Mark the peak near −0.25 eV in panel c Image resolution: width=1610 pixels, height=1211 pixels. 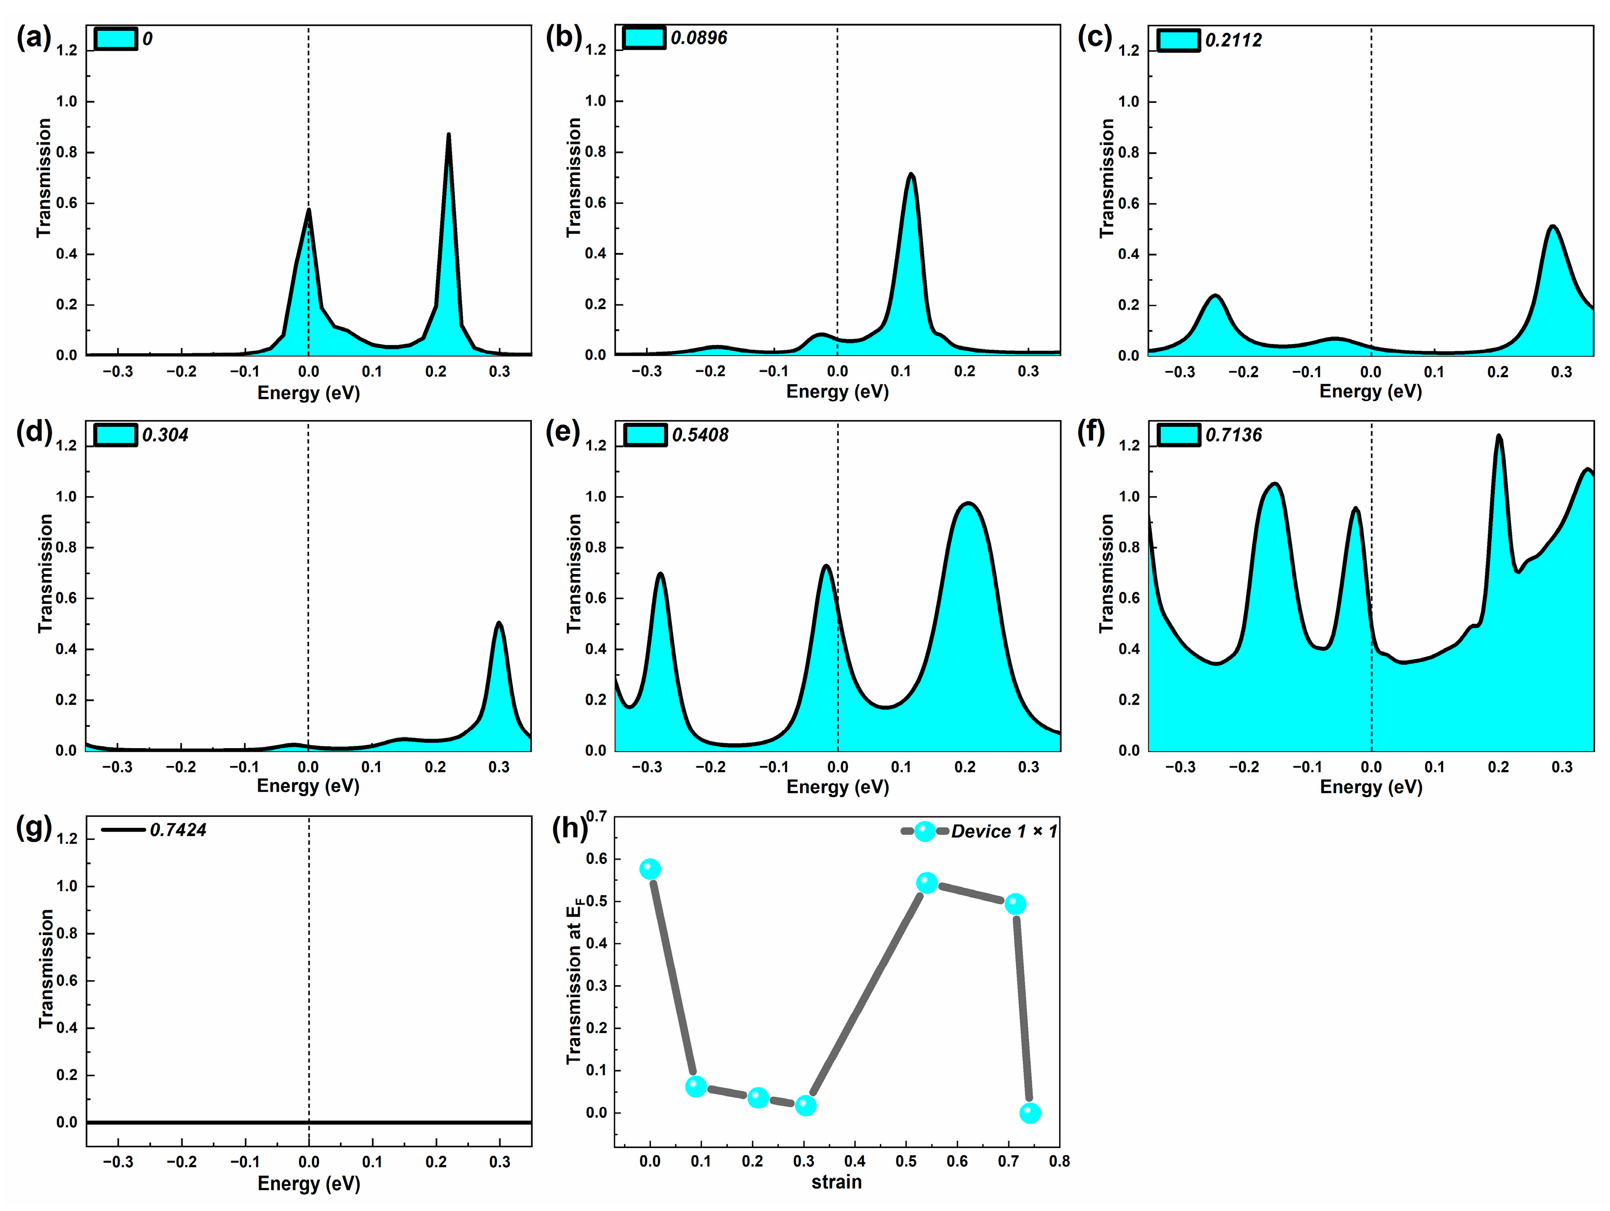[x=1214, y=296]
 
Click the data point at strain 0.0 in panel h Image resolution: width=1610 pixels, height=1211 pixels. [x=650, y=869]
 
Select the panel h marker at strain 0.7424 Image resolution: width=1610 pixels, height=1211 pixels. [x=1030, y=1113]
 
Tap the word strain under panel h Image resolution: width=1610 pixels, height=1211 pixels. [x=836, y=1181]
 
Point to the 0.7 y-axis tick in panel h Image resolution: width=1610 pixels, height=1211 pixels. [x=596, y=816]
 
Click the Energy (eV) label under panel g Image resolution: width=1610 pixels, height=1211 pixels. [x=309, y=1184]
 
